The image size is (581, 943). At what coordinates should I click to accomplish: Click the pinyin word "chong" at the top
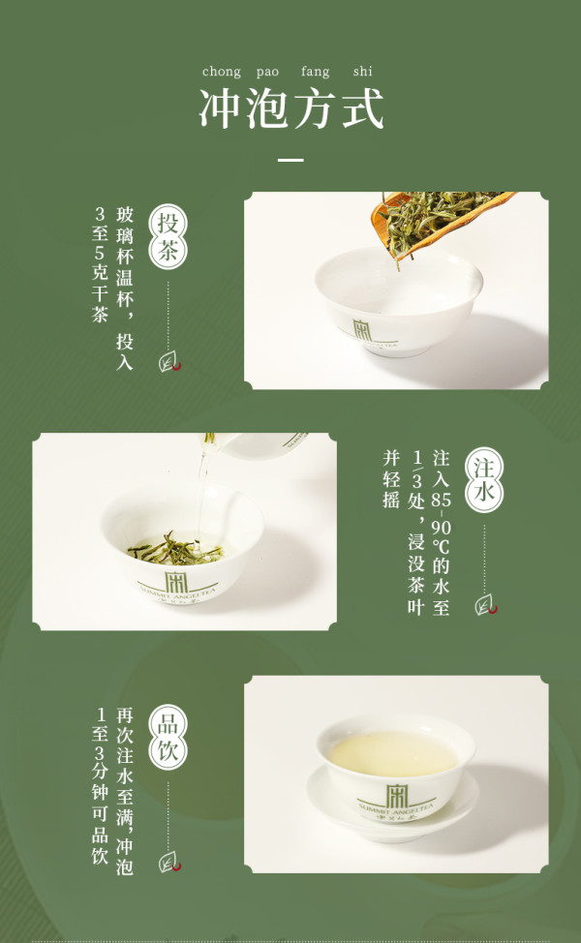coord(222,73)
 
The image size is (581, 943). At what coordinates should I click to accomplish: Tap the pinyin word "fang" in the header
coord(315,73)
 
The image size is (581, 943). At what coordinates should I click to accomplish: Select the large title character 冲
coord(220,108)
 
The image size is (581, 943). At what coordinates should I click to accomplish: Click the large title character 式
coord(363,108)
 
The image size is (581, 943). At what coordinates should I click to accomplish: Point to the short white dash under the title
coord(290,160)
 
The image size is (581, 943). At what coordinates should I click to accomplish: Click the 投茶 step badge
coord(168,237)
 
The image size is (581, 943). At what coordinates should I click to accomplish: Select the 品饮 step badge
coord(168,738)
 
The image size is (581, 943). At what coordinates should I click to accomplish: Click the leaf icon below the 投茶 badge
coord(169,362)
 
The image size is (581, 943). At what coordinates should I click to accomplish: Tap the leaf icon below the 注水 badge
coord(485,605)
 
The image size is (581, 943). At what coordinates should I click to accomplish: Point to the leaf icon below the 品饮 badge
coord(169,863)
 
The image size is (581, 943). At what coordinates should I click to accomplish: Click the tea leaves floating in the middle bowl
coord(175,549)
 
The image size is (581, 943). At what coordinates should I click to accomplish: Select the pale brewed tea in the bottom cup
coord(394,753)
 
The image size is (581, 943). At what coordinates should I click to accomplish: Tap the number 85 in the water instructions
coord(441,500)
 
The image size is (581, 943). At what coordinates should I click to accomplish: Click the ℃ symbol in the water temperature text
coord(441,545)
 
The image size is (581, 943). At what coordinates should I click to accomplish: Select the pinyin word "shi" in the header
coord(363,71)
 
